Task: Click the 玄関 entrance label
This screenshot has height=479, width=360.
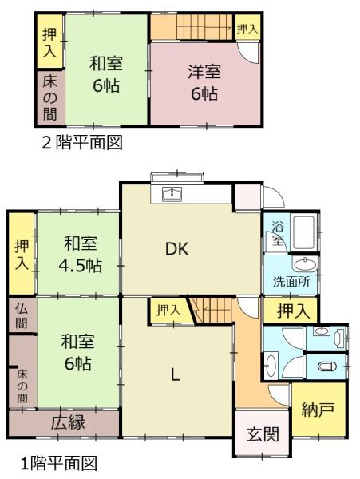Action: (x=263, y=433)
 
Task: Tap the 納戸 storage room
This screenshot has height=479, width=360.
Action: (x=318, y=410)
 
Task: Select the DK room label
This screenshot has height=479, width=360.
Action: (x=177, y=248)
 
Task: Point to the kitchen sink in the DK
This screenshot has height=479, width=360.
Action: (x=172, y=194)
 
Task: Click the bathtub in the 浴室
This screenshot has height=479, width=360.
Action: (x=304, y=232)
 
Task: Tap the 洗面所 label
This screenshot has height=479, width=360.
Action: (x=291, y=281)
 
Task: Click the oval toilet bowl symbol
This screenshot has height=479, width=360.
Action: (x=326, y=366)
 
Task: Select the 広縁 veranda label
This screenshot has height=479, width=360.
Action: (x=68, y=423)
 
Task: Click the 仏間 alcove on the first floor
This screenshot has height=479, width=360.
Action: (x=22, y=315)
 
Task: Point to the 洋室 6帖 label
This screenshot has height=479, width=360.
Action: (x=204, y=82)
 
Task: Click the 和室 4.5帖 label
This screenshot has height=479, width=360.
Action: (x=80, y=254)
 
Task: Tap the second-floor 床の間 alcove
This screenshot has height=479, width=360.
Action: (x=50, y=97)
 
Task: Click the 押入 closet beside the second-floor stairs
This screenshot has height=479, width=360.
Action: (x=247, y=30)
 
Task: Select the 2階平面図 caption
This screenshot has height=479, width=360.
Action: (x=82, y=143)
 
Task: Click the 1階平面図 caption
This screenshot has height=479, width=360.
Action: (x=59, y=463)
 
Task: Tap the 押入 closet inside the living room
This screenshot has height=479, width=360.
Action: (x=168, y=311)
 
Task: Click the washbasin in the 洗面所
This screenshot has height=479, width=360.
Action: (x=305, y=264)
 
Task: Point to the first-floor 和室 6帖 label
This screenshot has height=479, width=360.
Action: (x=77, y=352)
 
